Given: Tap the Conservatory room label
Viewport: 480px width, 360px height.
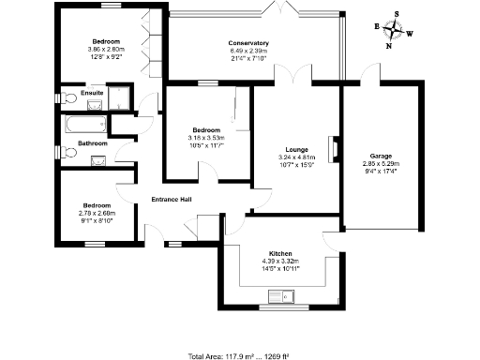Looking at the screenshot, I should coord(248,43).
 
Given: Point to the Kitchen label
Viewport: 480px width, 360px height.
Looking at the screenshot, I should coord(280,254).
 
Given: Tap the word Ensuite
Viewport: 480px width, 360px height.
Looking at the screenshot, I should coord(92,94).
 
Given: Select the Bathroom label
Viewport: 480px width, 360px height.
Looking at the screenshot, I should coord(93,143).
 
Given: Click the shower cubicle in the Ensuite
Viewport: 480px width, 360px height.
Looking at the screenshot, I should coord(121,97).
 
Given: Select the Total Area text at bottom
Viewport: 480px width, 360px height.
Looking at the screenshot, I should coord(239,356).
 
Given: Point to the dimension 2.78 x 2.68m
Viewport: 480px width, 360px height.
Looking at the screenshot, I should coord(97,213).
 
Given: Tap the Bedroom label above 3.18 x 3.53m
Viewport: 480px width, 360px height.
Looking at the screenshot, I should coord(206,129).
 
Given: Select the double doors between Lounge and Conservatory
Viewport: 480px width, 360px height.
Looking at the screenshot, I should coord(300,78).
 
